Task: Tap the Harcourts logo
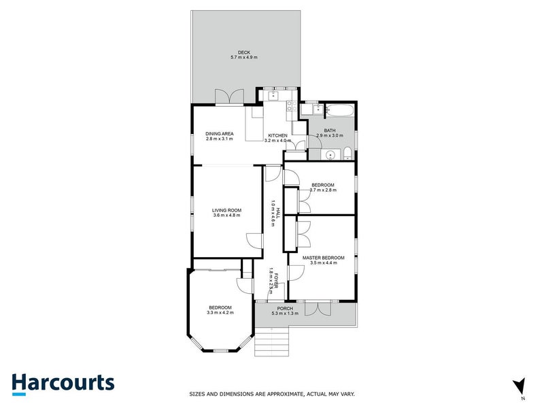coord(63,384)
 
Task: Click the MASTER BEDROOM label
coord(323,258)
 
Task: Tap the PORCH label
coord(285,309)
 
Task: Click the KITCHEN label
coord(277,136)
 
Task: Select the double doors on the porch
coord(318,309)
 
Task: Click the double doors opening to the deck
coord(225,97)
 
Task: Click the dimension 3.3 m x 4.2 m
coord(220,313)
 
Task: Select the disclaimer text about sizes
coord(271,394)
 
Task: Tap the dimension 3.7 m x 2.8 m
coord(323,190)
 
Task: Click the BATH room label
coord(330,131)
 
